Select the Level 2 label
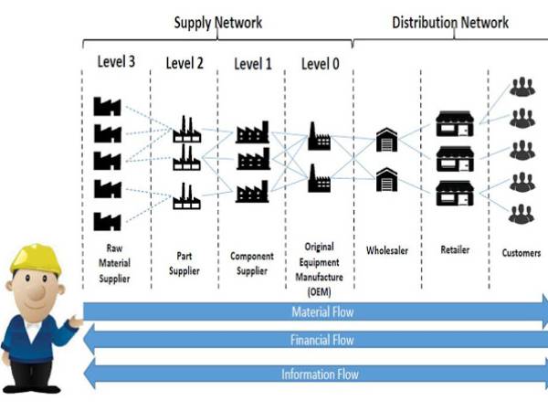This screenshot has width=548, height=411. pyautogui.click(x=185, y=63)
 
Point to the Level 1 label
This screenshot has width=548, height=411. pyautogui.click(x=253, y=63)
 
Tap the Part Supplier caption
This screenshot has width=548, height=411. pyautogui.click(x=185, y=258)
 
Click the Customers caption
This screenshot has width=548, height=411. pyautogui.click(x=522, y=251)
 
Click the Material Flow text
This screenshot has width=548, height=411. pyautogui.click(x=321, y=312)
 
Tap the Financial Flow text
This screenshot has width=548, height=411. pyautogui.click(x=321, y=341)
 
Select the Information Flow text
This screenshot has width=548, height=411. pyautogui.click(x=320, y=373)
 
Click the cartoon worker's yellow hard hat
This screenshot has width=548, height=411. pyautogui.click(x=36, y=261)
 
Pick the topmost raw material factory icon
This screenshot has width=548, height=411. pyautogui.click(x=108, y=105)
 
